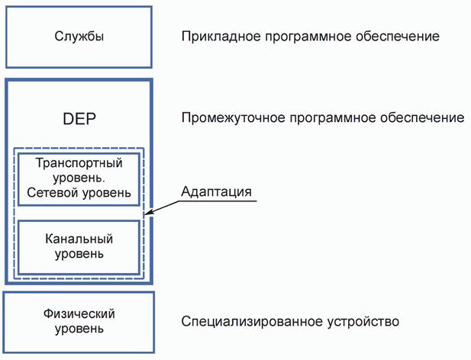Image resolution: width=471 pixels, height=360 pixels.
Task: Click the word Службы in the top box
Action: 79,37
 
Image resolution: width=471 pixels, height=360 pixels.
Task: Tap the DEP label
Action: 79,120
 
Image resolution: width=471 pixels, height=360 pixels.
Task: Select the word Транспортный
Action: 79,162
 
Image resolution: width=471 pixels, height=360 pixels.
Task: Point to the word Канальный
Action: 79,238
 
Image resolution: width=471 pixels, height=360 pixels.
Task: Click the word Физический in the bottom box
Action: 79,314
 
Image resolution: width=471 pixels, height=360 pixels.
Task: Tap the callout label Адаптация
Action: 217,191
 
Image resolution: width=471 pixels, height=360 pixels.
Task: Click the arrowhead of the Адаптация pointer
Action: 148,214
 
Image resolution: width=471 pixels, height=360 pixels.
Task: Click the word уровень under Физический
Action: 79,329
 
